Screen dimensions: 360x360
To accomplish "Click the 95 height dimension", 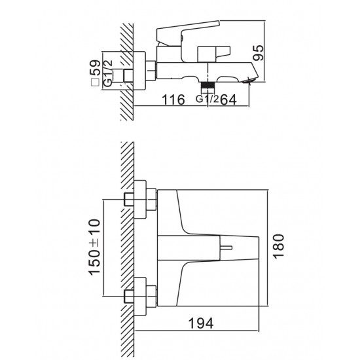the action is tap(258, 53).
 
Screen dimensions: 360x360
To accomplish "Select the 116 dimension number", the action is tap(173, 100).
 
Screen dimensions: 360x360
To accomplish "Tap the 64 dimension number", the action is tap(228, 100).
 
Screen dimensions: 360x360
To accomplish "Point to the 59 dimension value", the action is tap(95, 67).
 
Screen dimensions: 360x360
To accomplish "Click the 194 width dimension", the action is tap(201, 323).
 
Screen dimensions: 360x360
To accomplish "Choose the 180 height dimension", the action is tap(279, 246).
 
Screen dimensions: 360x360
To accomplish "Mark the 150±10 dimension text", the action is tap(94, 247).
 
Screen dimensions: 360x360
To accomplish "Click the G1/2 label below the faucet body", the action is tap(207, 99).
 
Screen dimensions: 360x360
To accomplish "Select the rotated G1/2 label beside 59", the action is tap(108, 73).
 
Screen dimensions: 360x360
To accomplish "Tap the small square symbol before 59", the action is tap(95, 82).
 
